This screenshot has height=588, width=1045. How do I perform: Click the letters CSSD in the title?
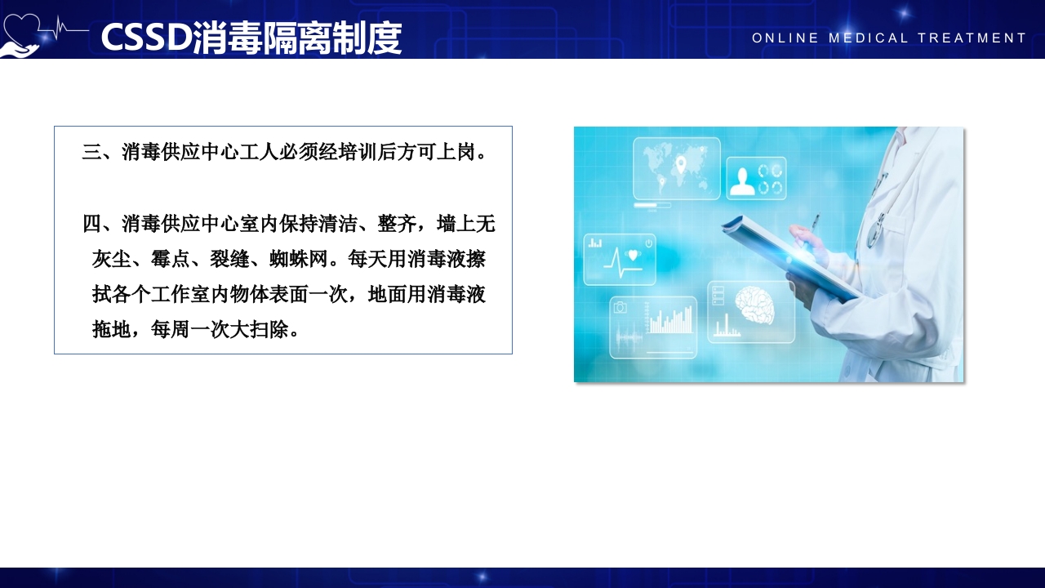146,38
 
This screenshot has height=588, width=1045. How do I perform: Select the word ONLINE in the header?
785,38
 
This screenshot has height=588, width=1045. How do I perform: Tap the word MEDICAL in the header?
868,38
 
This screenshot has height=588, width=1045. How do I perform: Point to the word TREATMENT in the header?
972,38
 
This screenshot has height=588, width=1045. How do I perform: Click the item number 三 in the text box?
91,152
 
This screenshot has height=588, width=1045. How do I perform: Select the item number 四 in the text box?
91,224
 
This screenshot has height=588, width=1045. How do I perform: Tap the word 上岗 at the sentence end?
456,152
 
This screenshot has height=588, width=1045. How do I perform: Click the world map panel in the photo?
676,167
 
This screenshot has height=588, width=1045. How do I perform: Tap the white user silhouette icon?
742,180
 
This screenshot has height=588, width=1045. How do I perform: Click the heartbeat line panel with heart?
620,259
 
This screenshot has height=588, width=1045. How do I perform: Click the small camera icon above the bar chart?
620,307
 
